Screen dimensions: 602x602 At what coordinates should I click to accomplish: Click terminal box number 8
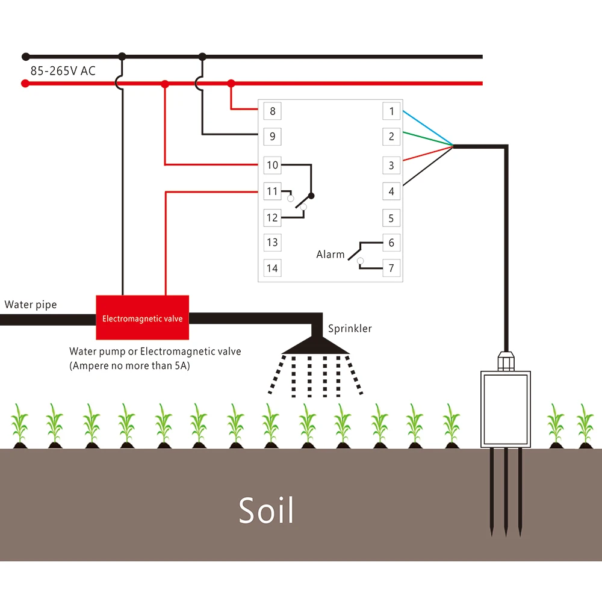pos(272,111)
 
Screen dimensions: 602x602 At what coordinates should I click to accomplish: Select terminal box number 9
pos(272,137)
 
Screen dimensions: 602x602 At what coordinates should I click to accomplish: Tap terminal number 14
pos(272,268)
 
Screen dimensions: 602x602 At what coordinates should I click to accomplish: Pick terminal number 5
pos(391,218)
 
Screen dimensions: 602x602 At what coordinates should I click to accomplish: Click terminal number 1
pos(391,111)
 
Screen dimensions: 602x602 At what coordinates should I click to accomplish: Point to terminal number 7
pos(391,268)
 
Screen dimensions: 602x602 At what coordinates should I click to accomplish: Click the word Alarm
pos(330,255)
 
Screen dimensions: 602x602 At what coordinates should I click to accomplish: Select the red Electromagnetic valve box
pos(143,317)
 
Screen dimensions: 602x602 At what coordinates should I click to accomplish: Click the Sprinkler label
pos(350,329)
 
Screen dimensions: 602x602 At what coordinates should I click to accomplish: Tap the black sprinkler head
pos(317,344)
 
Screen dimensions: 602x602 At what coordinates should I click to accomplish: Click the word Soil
pos(266,510)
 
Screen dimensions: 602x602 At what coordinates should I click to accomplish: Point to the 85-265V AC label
pos(63,71)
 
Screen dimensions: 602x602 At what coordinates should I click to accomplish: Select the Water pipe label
pos(31,305)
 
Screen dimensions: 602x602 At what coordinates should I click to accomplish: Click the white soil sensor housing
pos(506,409)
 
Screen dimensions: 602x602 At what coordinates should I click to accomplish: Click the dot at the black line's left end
pos(25,57)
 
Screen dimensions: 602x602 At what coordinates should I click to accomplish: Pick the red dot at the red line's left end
pos(25,84)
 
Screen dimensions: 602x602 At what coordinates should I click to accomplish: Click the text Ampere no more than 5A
pos(129,365)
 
